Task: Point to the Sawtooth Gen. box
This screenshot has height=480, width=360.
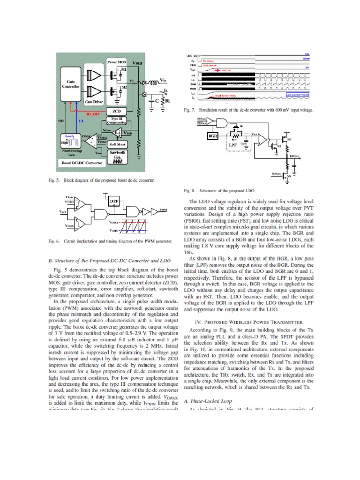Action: point(119,156)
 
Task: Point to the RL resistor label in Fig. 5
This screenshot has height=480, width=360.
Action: point(165,99)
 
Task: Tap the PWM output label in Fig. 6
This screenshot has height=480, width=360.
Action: point(164,210)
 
